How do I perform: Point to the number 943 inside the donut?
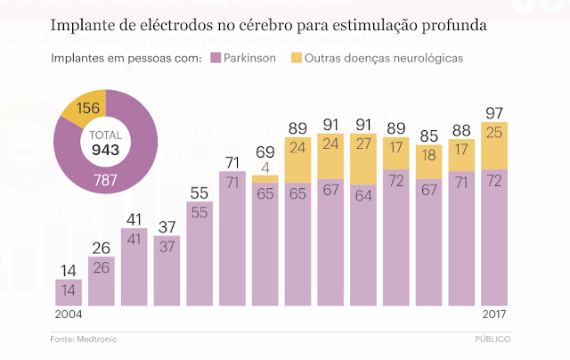point(105,150)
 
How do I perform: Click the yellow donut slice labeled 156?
point(81,109)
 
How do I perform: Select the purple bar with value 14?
point(69,292)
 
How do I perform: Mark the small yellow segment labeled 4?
point(265,179)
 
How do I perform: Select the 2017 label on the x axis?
point(494,316)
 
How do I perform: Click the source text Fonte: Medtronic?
point(83,340)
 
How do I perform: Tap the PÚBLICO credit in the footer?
point(498,340)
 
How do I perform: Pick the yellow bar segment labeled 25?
point(494,145)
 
